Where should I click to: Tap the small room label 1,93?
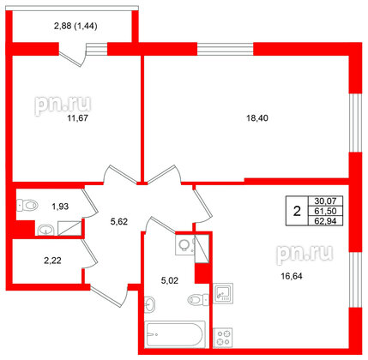click(x=59, y=207)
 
